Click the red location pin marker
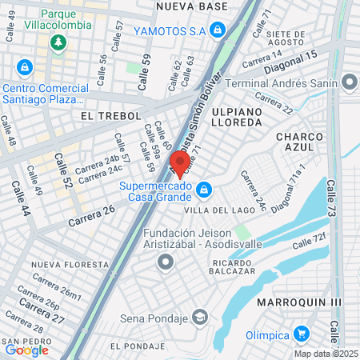click(x=181, y=162)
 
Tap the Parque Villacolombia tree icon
click(x=58, y=42)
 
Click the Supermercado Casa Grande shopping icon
click(x=205, y=190)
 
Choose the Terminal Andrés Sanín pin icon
click(x=350, y=82)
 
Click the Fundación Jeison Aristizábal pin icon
click(x=166, y=261)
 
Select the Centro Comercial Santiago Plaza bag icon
click(x=25, y=67)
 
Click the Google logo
click(x=26, y=350)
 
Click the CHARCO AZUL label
click(x=299, y=142)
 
